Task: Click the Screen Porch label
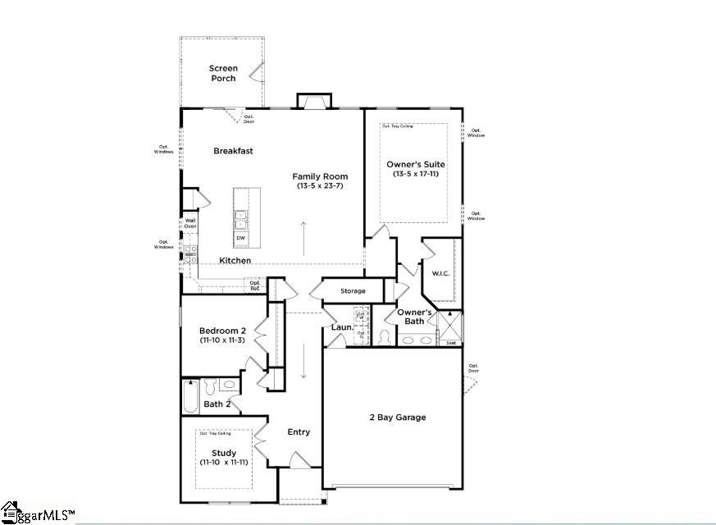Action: (222, 73)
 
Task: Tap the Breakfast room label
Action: (233, 151)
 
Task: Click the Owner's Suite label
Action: (416, 164)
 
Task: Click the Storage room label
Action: (353, 291)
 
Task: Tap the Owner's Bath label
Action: (415, 317)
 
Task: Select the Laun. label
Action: (341, 327)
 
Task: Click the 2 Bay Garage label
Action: (397, 418)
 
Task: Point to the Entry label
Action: (299, 432)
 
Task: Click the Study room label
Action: (223, 453)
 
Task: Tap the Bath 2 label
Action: (217, 404)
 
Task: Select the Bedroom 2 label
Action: (222, 331)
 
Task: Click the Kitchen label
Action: (235, 261)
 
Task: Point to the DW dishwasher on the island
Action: (240, 238)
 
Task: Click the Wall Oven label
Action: (190, 223)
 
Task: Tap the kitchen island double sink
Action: (241, 219)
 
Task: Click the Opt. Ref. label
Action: (255, 286)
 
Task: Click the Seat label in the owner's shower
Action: (450, 343)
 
